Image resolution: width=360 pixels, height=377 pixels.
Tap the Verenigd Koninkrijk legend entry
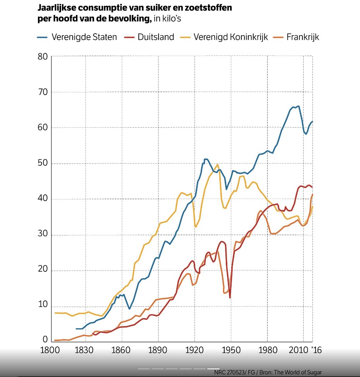pyautogui.click(x=231, y=38)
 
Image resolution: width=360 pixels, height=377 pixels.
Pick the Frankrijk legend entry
pyautogui.click(x=303, y=38)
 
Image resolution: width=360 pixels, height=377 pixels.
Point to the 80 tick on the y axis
pyautogui.click(x=43, y=57)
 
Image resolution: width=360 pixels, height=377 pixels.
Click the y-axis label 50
pyautogui.click(x=43, y=164)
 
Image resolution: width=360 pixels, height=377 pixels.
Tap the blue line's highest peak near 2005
pyautogui.click(x=298, y=106)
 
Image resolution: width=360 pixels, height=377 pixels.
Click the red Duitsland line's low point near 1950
pyautogui.click(x=230, y=298)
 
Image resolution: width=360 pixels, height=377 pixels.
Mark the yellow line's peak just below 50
pyautogui.click(x=217, y=164)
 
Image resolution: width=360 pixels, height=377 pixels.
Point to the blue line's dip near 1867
pyautogui.click(x=130, y=309)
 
